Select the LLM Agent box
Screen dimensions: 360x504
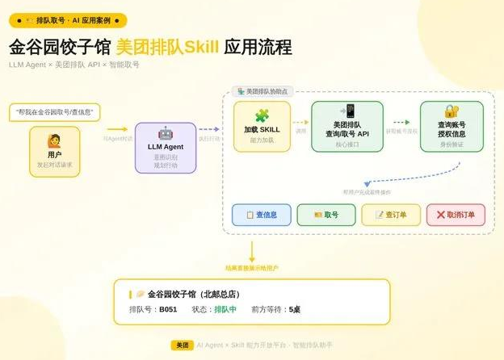point(165,148)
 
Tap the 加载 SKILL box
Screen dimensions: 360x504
point(262,127)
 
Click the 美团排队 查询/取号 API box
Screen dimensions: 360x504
point(347,127)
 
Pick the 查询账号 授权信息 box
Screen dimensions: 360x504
point(451,127)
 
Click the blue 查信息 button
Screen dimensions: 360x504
point(261,215)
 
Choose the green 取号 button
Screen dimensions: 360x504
point(325,215)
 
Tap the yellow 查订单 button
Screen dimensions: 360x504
point(390,215)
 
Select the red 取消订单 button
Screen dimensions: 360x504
point(456,215)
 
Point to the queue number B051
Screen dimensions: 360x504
point(168,309)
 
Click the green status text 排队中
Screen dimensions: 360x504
point(225,309)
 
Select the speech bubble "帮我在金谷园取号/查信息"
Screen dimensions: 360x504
point(55,111)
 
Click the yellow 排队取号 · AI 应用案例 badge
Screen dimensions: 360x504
point(68,20)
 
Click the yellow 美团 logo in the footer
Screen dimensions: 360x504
point(182,345)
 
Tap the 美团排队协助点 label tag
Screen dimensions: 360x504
point(262,92)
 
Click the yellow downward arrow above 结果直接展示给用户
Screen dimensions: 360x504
point(252,251)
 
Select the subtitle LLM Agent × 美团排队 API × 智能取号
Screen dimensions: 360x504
point(74,65)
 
